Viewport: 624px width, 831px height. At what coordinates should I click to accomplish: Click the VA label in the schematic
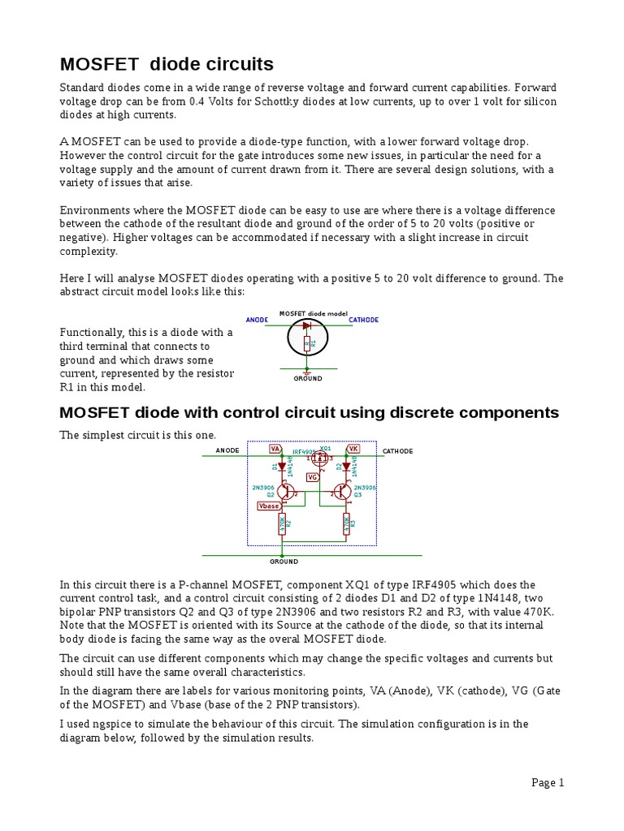coord(275,448)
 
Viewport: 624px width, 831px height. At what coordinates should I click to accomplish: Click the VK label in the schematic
coord(353,448)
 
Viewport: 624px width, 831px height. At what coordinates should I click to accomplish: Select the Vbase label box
coord(268,506)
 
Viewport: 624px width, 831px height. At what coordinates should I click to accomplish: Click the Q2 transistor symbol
coord(284,492)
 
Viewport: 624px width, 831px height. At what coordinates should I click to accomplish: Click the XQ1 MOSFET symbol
coord(318,459)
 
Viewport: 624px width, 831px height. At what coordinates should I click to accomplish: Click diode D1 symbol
coord(281,467)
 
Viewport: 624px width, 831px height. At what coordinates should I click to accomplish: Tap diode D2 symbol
coord(346,467)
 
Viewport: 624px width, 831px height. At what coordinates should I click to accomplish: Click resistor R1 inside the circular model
coord(307,344)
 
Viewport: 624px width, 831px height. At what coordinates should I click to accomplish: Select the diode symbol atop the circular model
coord(307,325)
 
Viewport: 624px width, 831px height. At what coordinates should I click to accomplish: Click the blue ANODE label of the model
coord(257,320)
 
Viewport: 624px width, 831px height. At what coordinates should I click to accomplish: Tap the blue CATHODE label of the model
coord(363,320)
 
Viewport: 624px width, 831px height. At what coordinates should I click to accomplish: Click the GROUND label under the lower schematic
coord(284,561)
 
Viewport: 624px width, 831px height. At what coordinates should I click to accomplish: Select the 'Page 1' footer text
coord(548,782)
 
